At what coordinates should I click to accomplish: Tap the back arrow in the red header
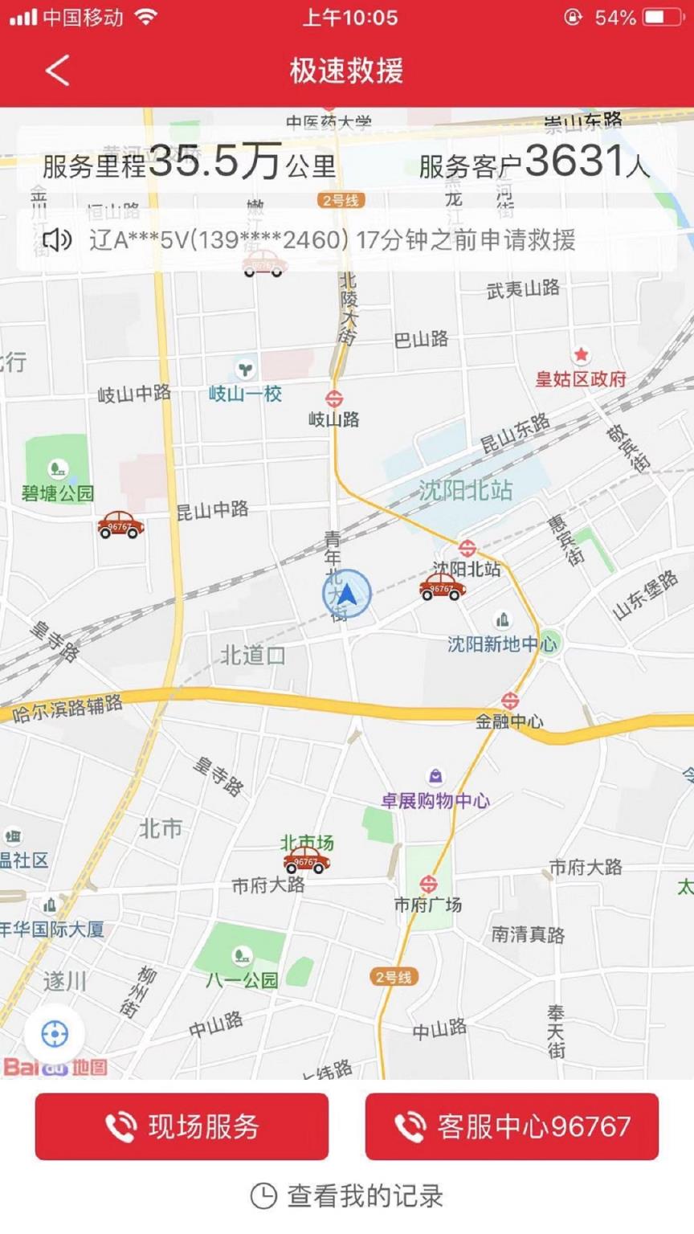[x=57, y=71]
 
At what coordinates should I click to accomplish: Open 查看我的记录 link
[x=347, y=1195]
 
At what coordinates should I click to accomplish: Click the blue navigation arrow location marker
[x=346, y=595]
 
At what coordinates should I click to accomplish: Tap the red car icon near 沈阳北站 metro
[x=442, y=587]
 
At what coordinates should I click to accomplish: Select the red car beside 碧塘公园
[x=120, y=525]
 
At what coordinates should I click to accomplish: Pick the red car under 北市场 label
[x=306, y=860]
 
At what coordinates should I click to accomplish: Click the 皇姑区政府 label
[x=581, y=379]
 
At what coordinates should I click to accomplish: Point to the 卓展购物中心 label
[x=435, y=800]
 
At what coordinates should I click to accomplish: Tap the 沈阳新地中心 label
[x=501, y=644]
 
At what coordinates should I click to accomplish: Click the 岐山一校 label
[x=245, y=394]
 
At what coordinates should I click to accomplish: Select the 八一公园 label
[x=242, y=979]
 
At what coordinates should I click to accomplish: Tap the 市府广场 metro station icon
[x=428, y=885]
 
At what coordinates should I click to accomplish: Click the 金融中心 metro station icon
[x=509, y=701]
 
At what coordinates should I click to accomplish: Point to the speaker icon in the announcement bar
[x=56, y=239]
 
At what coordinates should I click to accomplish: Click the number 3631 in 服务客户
[x=574, y=161]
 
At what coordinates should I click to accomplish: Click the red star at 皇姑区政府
[x=581, y=354]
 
